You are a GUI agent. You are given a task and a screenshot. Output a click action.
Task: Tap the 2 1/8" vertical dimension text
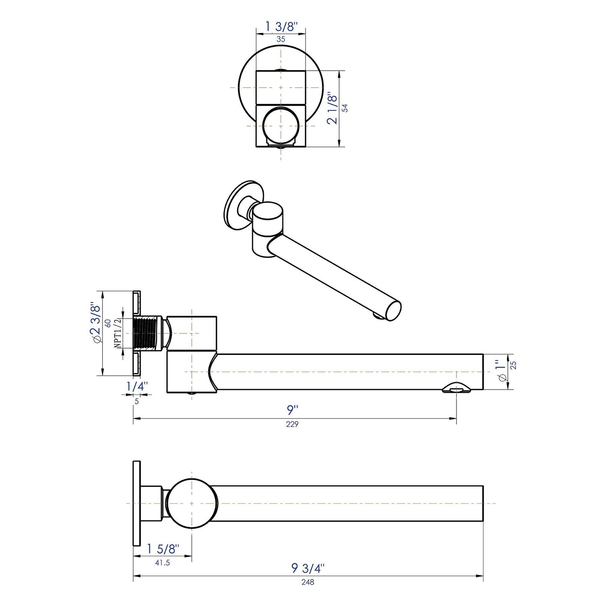coord(332,108)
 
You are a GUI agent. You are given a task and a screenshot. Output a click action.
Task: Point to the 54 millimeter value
coord(345,108)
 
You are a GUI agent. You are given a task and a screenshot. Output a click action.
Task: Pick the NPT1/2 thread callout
coord(117,333)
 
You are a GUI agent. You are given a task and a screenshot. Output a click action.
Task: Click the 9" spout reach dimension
coord(292,410)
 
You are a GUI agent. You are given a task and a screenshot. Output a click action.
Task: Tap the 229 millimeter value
coord(292,424)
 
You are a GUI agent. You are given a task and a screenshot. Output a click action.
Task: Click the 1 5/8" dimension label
coord(163,549)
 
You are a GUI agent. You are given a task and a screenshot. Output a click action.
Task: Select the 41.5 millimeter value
coord(162,563)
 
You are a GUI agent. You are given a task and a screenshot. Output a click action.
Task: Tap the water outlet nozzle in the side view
coord(456,388)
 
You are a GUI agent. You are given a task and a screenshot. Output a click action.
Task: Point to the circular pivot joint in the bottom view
coord(192,503)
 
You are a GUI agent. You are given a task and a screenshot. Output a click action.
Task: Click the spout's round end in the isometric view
coord(393,311)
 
